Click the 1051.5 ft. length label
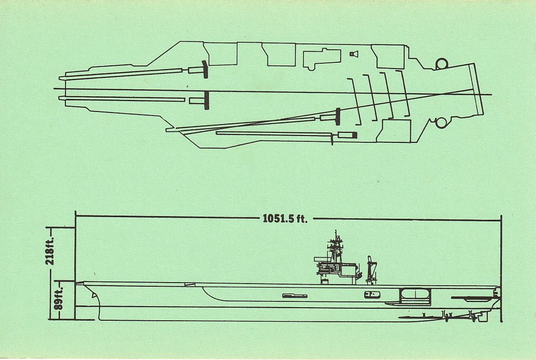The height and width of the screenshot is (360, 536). click(285, 218)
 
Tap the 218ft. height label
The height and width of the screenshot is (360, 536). click(51, 252)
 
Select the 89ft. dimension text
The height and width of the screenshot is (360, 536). click(59, 297)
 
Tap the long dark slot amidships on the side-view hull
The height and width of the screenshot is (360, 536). click(295, 296)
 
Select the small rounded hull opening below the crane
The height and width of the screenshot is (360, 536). click(372, 295)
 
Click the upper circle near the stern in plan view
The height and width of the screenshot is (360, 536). click(442, 64)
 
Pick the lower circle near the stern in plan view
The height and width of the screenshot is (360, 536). click(441, 122)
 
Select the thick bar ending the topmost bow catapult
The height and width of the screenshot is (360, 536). click(205, 69)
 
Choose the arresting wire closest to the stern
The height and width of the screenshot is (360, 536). click(404, 93)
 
